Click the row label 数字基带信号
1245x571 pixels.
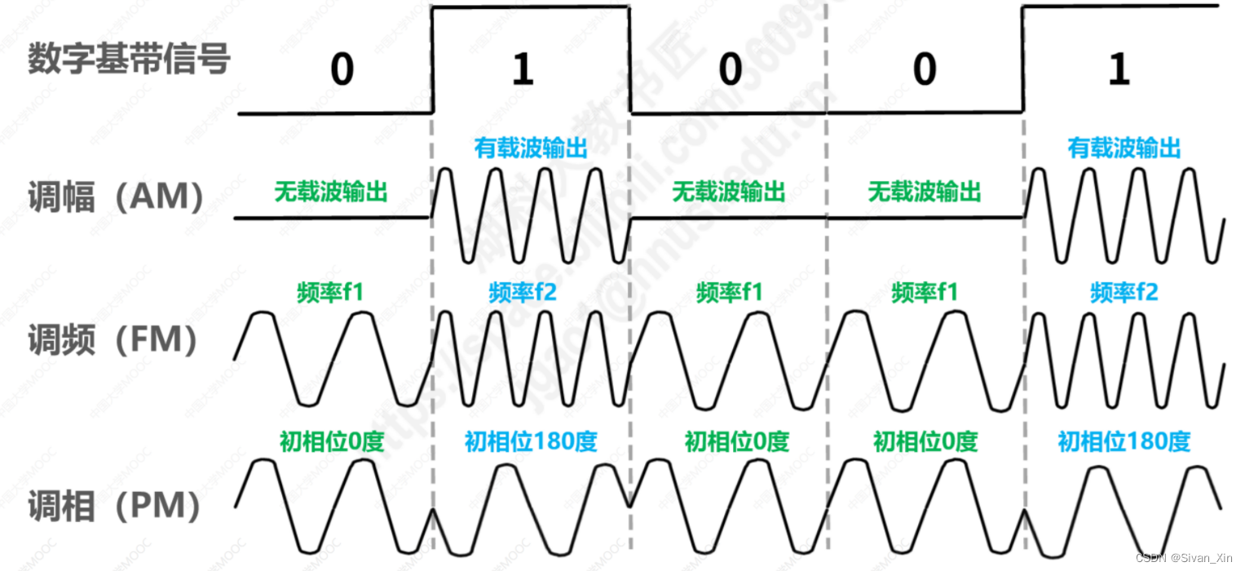pos(128,60)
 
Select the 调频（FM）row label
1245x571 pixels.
pos(113,340)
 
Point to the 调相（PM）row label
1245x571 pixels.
pos(115,506)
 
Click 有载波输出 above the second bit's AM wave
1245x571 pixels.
pos(531,148)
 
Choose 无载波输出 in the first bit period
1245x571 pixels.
pos(331,192)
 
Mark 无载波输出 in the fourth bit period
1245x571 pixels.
pos(924,192)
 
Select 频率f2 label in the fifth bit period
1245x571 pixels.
pos(1124,292)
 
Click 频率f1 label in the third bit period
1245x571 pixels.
pos(730,292)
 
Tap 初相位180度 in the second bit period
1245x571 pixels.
pos(531,442)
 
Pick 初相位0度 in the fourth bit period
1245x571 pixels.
pos(925,442)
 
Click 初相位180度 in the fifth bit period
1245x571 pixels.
pos(1124,442)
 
